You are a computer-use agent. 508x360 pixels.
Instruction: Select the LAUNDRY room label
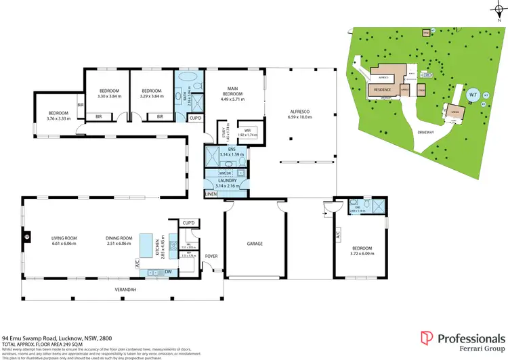[x=227, y=181]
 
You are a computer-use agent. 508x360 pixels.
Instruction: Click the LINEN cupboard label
[x=211, y=195]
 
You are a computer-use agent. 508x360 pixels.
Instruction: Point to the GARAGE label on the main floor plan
[x=255, y=244]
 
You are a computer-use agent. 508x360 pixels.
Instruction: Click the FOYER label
[x=211, y=256]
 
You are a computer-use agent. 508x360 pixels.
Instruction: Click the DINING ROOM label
[x=119, y=238]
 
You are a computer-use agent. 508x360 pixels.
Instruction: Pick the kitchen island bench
[x=146, y=244]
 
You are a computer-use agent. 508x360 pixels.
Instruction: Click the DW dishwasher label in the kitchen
[x=167, y=272]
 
